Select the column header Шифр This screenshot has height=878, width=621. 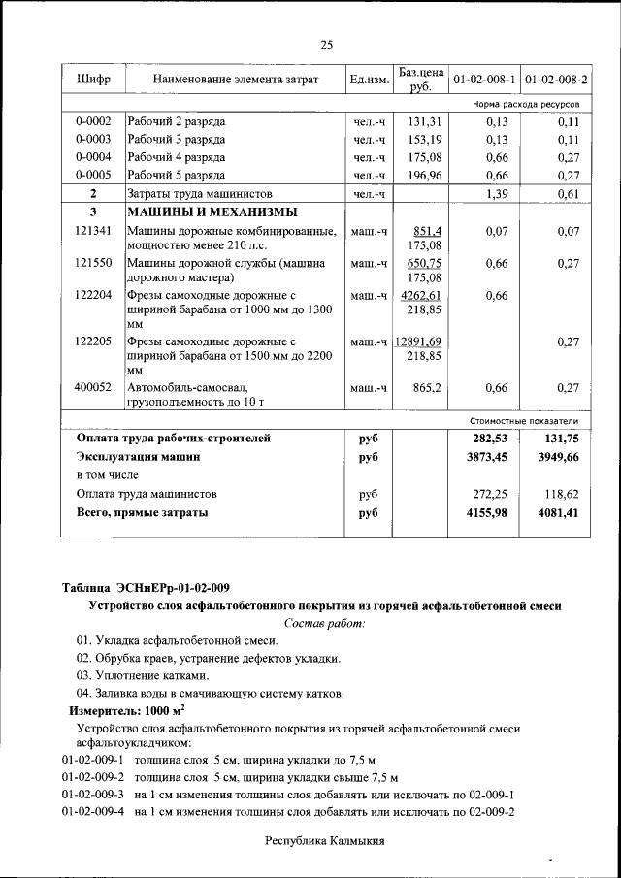pyautogui.click(x=92, y=79)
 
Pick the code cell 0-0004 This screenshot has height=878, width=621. pyautogui.click(x=93, y=157)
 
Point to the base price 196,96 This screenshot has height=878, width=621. pyautogui.click(x=424, y=176)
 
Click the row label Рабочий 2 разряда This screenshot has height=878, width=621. pyautogui.click(x=177, y=122)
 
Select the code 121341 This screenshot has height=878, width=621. pyautogui.click(x=93, y=231)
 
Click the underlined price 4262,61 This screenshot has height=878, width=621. pyautogui.click(x=422, y=296)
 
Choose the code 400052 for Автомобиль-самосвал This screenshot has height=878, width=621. pyautogui.click(x=93, y=387)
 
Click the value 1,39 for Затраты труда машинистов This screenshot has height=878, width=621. pyautogui.click(x=495, y=194)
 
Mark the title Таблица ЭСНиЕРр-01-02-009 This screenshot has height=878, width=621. pyautogui.click(x=146, y=588)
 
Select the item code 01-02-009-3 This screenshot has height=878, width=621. pyautogui.click(x=93, y=794)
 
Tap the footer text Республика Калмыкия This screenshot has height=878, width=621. pyautogui.click(x=325, y=841)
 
